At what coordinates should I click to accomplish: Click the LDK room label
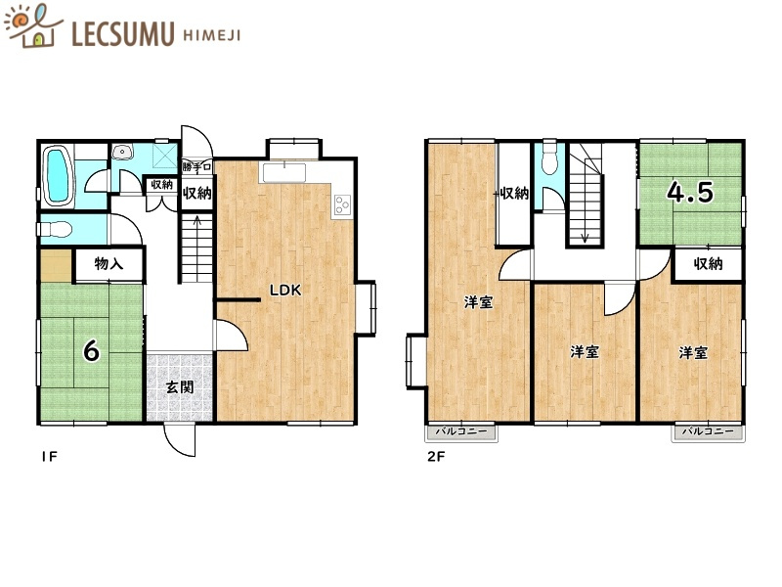(285, 290)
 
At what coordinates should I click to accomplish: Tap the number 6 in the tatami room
(91, 350)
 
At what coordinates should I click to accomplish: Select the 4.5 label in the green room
(690, 192)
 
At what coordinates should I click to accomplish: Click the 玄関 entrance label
(180, 386)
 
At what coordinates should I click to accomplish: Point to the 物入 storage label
(109, 263)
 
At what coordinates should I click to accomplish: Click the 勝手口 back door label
(197, 167)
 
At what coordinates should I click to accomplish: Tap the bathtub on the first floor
(58, 177)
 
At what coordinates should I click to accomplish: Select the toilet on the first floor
(55, 230)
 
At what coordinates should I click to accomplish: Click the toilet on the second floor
(549, 158)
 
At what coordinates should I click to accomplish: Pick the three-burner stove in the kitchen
(343, 204)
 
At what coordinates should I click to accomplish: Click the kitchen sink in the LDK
(283, 172)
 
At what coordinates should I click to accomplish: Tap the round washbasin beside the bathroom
(121, 152)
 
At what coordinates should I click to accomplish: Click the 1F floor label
(50, 456)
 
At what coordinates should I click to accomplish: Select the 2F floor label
(435, 456)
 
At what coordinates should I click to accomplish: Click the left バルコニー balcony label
(461, 431)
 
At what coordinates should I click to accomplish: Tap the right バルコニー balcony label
(708, 431)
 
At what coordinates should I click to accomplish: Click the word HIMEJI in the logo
(212, 35)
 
